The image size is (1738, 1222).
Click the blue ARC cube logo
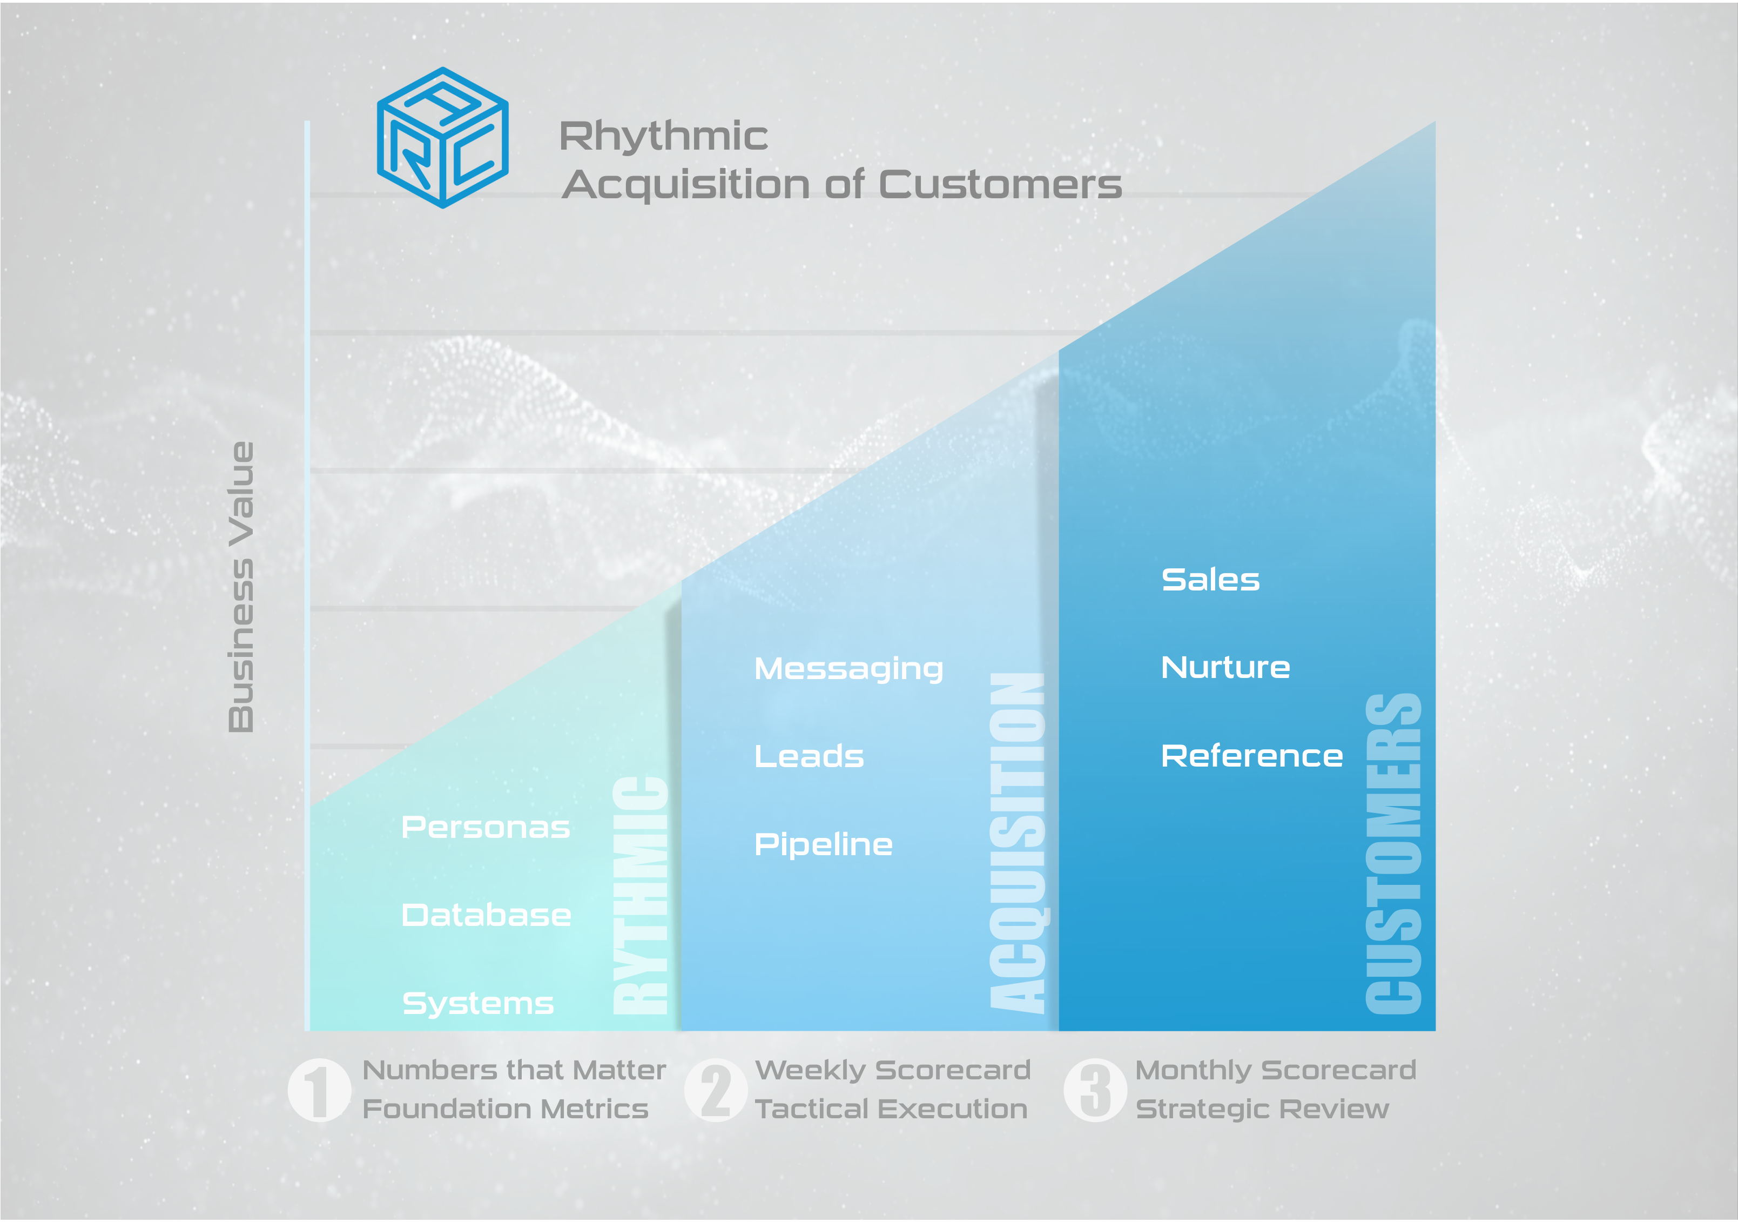click(x=442, y=137)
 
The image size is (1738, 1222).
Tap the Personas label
click(x=485, y=828)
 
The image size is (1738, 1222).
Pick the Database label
click(x=486, y=915)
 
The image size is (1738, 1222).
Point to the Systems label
click(x=477, y=1003)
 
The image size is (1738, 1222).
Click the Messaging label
click(x=848, y=669)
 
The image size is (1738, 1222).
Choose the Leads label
click(x=809, y=756)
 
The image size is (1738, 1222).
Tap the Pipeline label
click(x=823, y=845)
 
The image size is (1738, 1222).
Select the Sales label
click(x=1210, y=580)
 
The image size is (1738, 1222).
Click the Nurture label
click(x=1225, y=668)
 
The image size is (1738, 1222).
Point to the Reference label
click(x=1252, y=756)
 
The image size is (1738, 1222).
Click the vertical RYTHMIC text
click(x=641, y=896)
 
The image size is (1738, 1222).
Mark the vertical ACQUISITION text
click(x=1018, y=843)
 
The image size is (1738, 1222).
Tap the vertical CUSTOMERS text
click(x=1393, y=853)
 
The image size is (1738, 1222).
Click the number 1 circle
click(x=319, y=1090)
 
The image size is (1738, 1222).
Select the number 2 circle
click(x=715, y=1090)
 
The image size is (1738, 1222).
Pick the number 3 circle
click(x=1095, y=1090)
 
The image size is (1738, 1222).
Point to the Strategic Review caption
click(x=1262, y=1109)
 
